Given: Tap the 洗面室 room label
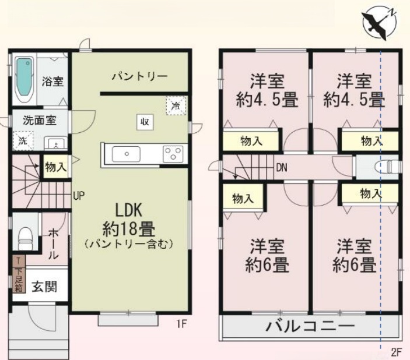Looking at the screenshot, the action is click(40, 121).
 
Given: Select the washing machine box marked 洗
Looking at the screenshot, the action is click(23, 141).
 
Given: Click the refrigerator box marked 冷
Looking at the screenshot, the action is click(176, 105).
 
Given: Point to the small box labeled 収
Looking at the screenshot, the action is click(145, 122).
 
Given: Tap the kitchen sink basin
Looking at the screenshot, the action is click(127, 154).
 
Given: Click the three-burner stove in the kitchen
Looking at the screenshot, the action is click(173, 154).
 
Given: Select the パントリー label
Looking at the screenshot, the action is click(139, 76).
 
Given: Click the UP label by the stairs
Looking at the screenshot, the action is click(79, 195).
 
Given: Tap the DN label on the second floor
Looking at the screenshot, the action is click(282, 167).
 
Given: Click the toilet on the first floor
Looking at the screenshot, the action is click(25, 238).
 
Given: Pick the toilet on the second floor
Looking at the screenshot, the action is click(388, 167).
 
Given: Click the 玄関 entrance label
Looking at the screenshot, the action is click(44, 287).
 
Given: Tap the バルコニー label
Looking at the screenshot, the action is click(310, 326).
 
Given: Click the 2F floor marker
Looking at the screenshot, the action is click(397, 352).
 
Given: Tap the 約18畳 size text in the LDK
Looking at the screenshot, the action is click(129, 229).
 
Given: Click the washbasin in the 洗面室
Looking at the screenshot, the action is click(56, 143).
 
